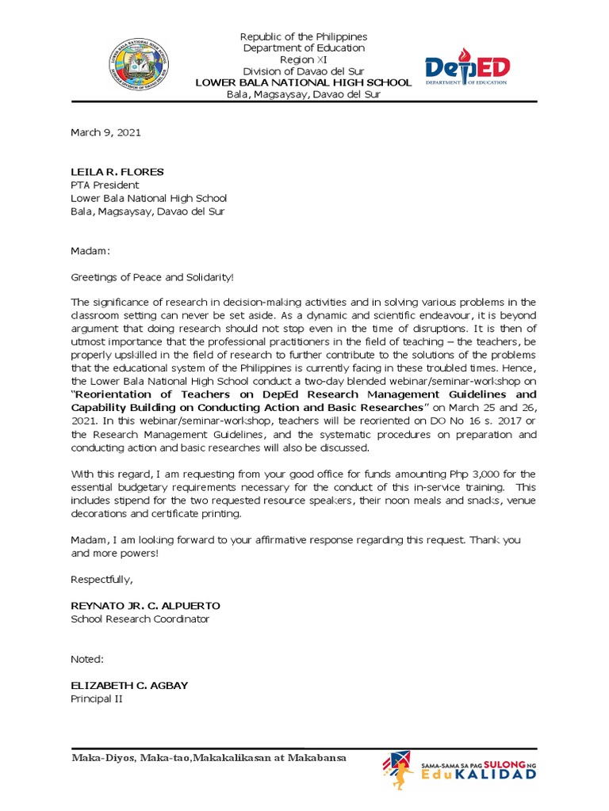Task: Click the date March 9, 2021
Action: pos(105,132)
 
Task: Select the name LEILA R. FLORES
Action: pos(117,172)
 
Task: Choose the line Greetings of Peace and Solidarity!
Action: pos(153,276)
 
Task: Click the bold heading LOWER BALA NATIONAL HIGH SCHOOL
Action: pos(304,82)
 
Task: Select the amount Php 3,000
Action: pos(461,473)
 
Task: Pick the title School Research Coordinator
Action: pos(140,619)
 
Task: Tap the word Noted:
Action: pos(87,659)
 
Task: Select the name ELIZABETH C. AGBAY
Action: pos(129,685)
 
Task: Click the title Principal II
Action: pos(97,699)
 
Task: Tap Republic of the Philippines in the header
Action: pos(304,37)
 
